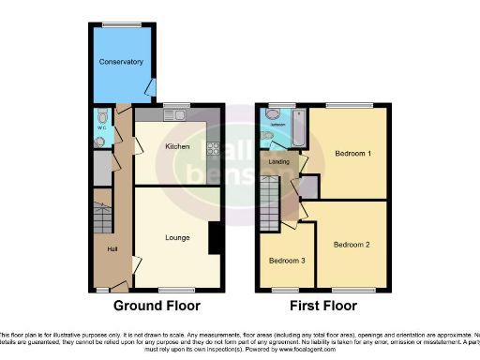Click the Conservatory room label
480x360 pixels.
coord(122,62)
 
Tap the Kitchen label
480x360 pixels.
coord(178,147)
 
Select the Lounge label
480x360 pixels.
coord(178,237)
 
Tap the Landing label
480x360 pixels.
coord(278,160)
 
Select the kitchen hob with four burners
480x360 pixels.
coord(213,148)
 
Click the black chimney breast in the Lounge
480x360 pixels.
coord(215,237)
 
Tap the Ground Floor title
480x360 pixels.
coord(157,307)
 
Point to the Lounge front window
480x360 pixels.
coord(171,287)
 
